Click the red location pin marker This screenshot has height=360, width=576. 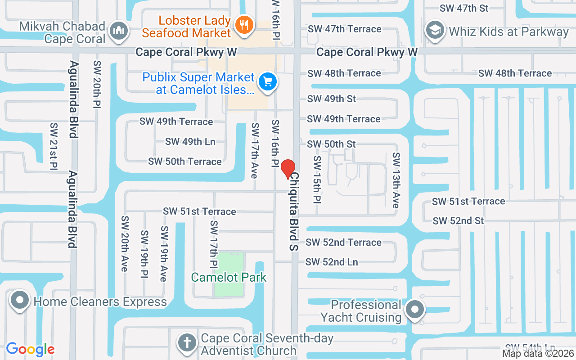(288, 169)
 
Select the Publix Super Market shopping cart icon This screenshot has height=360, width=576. (268, 83)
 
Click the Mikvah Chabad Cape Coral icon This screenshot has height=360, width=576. (119, 32)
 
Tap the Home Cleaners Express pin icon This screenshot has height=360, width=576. (20, 301)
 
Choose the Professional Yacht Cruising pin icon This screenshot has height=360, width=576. (414, 310)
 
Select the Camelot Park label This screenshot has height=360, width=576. (229, 277)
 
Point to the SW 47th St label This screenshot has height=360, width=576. (464, 8)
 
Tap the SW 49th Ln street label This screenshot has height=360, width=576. (190, 141)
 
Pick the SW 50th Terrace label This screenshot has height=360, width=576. (185, 161)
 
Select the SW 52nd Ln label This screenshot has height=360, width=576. (332, 261)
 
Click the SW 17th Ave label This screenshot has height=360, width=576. (255, 150)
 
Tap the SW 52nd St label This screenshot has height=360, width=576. (458, 220)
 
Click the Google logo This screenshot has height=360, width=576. (30, 349)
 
